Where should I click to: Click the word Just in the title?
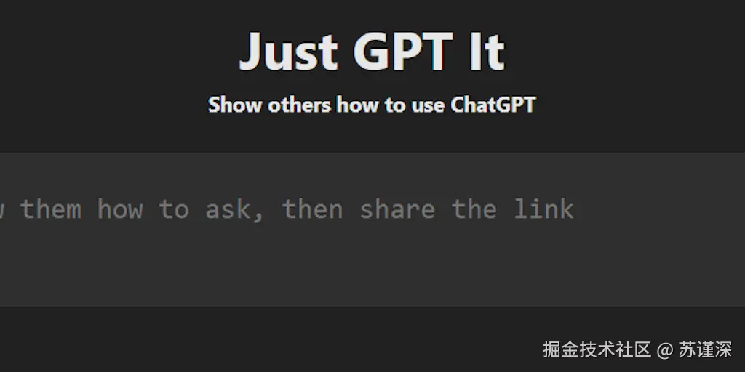(289, 52)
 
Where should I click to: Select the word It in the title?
(487, 52)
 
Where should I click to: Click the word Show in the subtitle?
(235, 105)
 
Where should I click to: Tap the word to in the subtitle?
(395, 105)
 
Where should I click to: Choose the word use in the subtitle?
(427, 105)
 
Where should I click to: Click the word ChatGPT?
(493, 105)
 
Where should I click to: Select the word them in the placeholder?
(51, 209)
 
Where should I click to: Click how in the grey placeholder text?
(120, 209)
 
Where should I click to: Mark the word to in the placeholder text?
(174, 209)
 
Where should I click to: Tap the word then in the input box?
(312, 209)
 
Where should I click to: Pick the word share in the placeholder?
(397, 209)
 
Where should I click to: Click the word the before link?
(474, 209)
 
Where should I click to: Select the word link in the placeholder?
(543, 209)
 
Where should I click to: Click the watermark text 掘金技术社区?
(597, 349)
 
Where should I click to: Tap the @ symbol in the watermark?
(665, 350)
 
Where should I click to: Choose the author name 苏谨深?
(705, 349)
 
